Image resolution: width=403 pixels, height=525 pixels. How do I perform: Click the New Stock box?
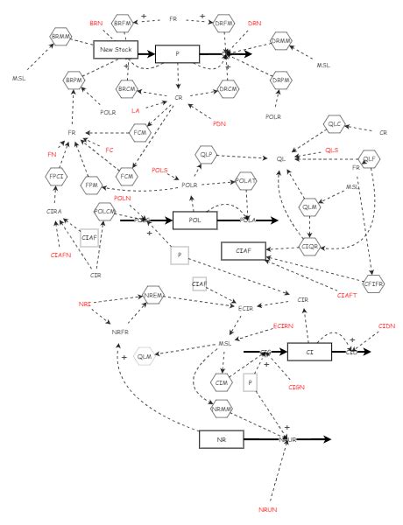116,50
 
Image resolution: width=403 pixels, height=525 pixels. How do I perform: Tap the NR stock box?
220,439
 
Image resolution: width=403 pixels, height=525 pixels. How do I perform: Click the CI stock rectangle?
309,352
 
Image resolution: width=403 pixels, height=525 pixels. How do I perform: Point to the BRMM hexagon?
60,36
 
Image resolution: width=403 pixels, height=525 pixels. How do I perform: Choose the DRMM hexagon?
280,41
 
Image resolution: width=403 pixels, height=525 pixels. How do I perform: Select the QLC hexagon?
334,126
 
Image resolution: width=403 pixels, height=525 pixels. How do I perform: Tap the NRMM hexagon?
222,407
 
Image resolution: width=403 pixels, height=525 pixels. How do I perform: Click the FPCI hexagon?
58,182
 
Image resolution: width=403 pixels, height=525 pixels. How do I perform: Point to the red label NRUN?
267,508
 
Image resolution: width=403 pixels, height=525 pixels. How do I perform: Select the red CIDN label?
385,325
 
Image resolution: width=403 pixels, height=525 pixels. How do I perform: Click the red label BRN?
95,22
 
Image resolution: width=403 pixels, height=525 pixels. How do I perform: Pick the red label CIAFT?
347,296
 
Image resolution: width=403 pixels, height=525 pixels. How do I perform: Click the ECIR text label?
246,308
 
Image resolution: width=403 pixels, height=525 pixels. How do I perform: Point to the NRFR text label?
120,332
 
